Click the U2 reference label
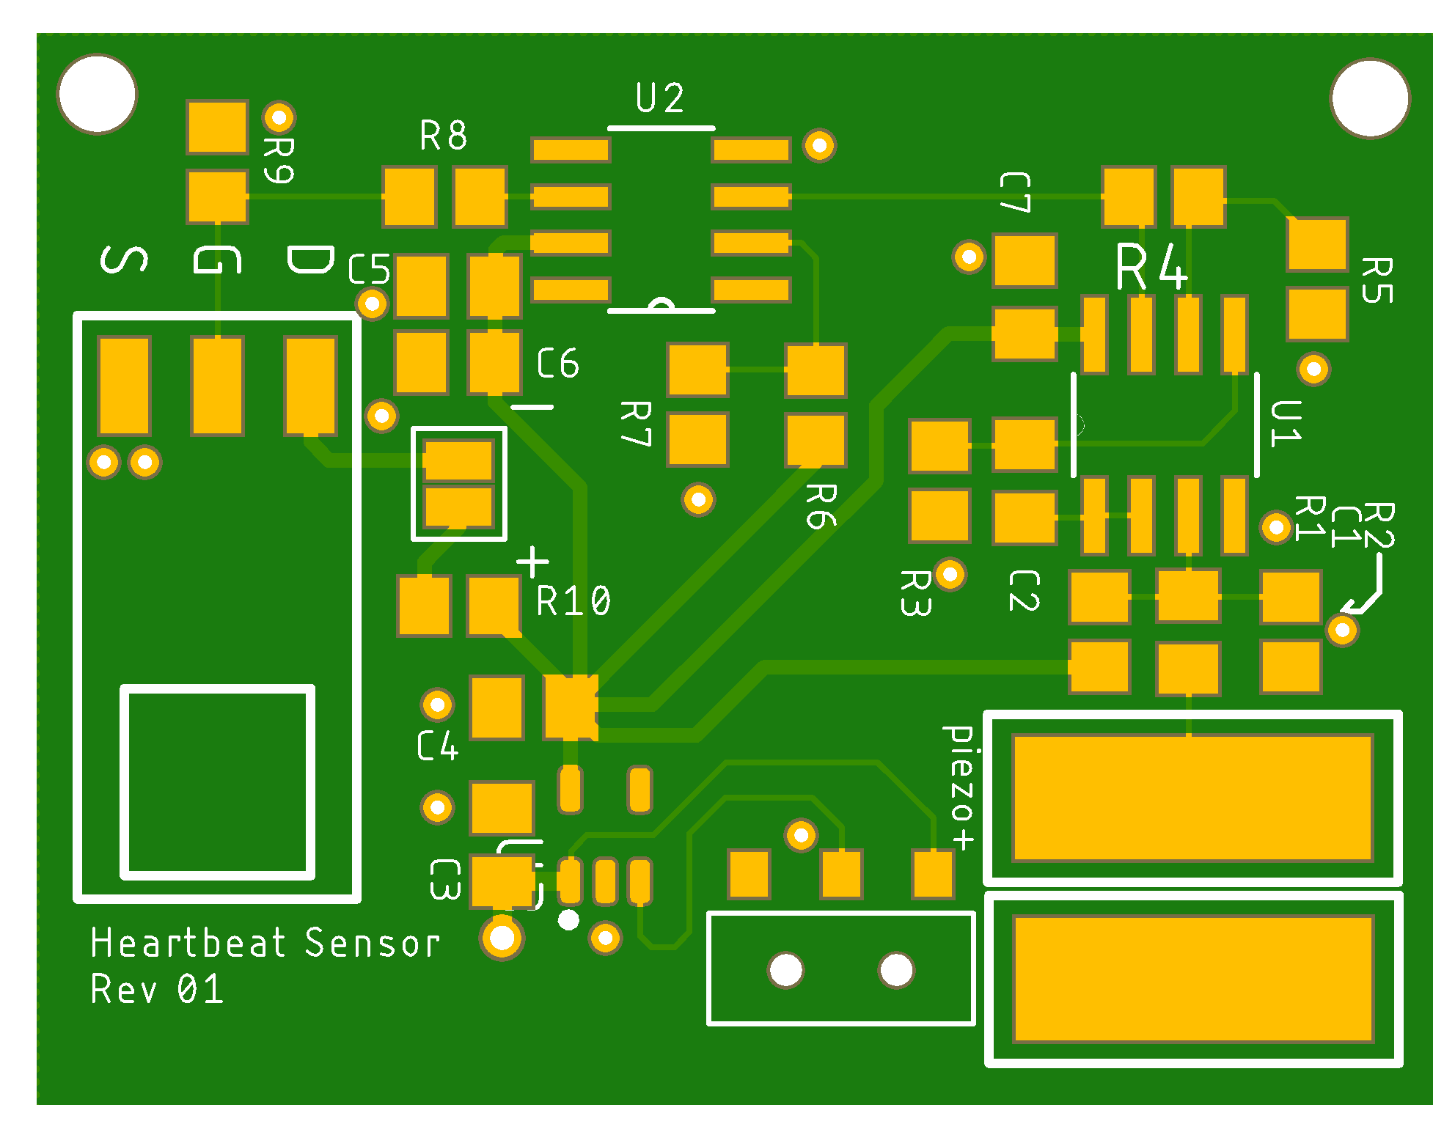pos(659,98)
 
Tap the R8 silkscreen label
pos(443,136)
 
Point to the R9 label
pos(279,160)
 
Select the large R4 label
pos(1151,268)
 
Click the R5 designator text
pos(1377,280)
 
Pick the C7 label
pos(1015,192)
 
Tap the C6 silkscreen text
pos(557,364)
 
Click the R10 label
pos(573,602)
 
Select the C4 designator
pos(438,746)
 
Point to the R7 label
pos(636,423)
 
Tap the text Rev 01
pos(157,990)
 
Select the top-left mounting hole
pos(97,94)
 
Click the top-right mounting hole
pos(1369,98)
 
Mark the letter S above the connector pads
pos(123,260)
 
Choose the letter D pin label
pos(309,260)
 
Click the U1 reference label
pos(1286,424)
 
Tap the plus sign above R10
pos(532,562)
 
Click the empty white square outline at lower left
pos(218,782)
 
